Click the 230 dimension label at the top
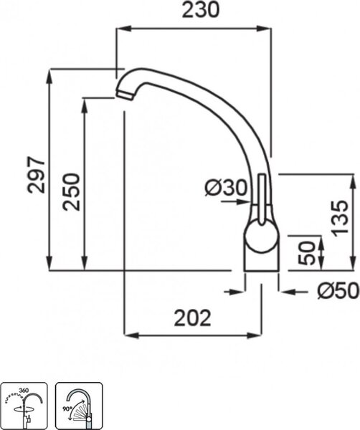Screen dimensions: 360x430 click(201, 10)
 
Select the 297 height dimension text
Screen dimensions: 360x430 click(37, 175)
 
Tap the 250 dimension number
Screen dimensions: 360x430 click(71, 191)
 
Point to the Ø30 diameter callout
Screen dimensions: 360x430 click(227, 188)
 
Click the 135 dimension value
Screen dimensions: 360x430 click(339, 219)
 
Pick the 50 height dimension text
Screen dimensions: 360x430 click(307, 253)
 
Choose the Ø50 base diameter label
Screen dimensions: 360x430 click(338, 291)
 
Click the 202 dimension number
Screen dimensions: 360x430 click(193, 318)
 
